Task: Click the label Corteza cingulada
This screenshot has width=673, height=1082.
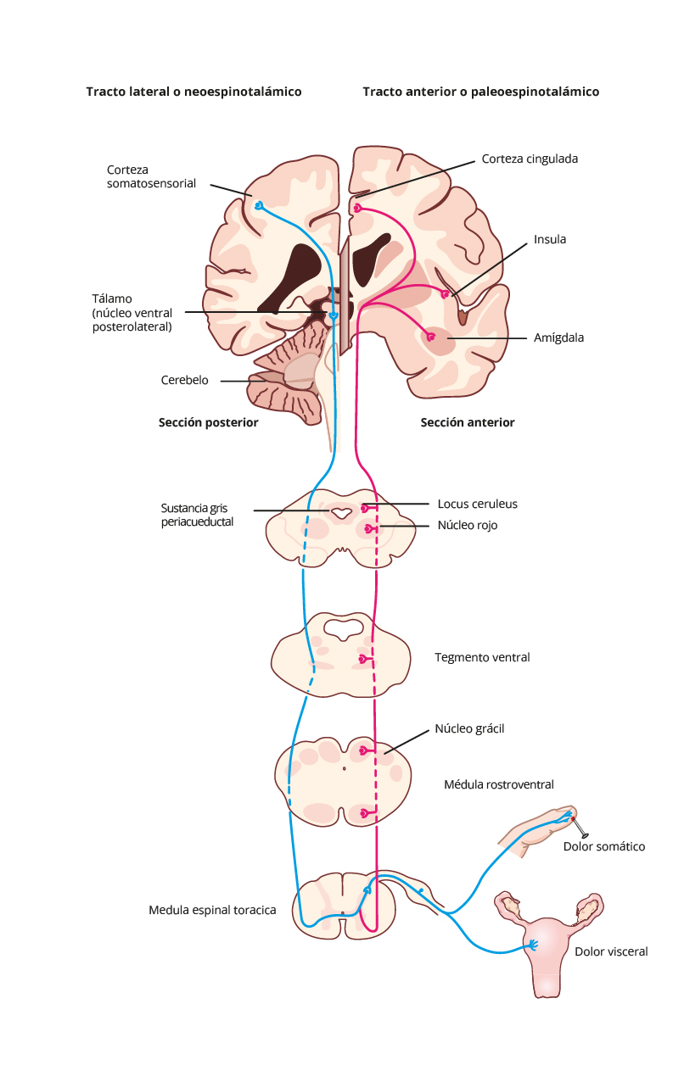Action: (x=530, y=159)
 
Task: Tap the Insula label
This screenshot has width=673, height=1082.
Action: (x=550, y=240)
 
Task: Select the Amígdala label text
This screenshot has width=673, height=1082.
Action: (x=558, y=337)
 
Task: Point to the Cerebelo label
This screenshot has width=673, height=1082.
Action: (x=184, y=380)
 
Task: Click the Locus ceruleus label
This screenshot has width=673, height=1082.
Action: (x=477, y=504)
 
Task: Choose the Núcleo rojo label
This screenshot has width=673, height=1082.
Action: (x=467, y=525)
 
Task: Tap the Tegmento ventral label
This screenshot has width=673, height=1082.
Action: (x=482, y=657)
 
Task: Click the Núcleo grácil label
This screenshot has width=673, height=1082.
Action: (x=469, y=728)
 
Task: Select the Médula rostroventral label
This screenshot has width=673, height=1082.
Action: (x=498, y=784)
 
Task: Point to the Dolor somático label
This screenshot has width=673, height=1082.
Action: (x=604, y=846)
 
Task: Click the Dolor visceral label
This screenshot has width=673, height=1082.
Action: (x=611, y=951)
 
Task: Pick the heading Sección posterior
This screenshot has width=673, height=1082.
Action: (x=209, y=422)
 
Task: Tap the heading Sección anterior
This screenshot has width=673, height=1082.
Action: (x=467, y=422)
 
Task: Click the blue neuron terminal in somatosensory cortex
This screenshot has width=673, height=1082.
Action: (x=259, y=206)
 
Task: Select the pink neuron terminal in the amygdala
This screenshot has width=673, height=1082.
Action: (x=429, y=337)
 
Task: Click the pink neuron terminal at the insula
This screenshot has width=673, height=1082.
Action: (x=445, y=293)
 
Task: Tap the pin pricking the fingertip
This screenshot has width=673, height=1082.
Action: (x=579, y=828)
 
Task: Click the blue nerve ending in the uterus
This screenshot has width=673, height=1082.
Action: (x=533, y=945)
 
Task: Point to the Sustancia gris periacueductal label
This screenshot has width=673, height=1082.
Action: (x=197, y=515)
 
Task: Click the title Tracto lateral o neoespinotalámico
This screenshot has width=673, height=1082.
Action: (x=193, y=92)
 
